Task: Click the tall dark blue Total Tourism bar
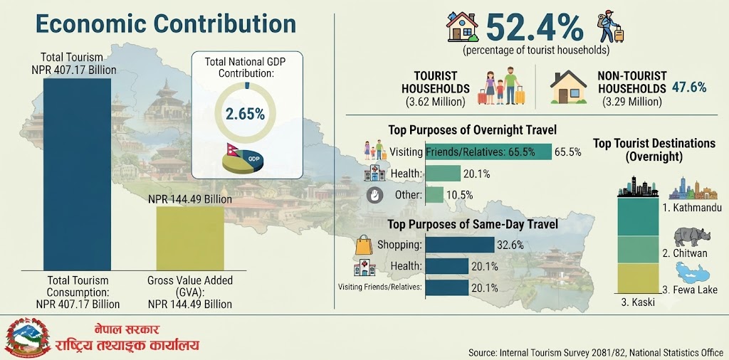click(77, 174)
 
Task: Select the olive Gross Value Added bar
click(189, 238)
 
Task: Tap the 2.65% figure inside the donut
click(245, 114)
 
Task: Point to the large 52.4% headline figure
click(535, 28)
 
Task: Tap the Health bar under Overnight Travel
click(443, 174)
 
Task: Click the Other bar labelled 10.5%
click(435, 195)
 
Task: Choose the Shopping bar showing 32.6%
click(460, 245)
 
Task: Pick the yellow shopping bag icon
click(364, 244)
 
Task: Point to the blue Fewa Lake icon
click(692, 272)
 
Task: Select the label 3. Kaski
click(638, 302)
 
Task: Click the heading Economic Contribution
click(166, 23)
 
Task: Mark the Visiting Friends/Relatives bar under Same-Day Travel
click(447, 287)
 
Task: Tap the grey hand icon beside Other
click(374, 195)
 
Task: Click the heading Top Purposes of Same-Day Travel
click(473, 225)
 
